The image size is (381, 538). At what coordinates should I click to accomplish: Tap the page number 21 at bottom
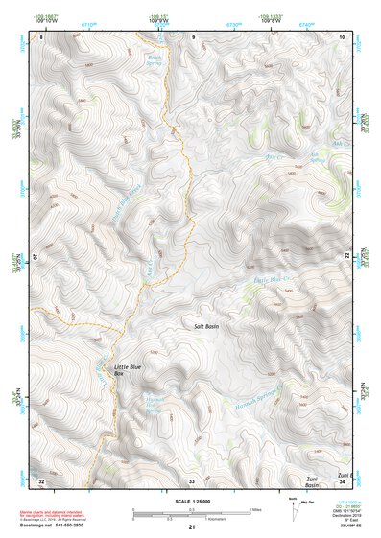[x=191, y=527]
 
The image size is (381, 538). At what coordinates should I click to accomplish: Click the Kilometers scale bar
[x=191, y=518]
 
